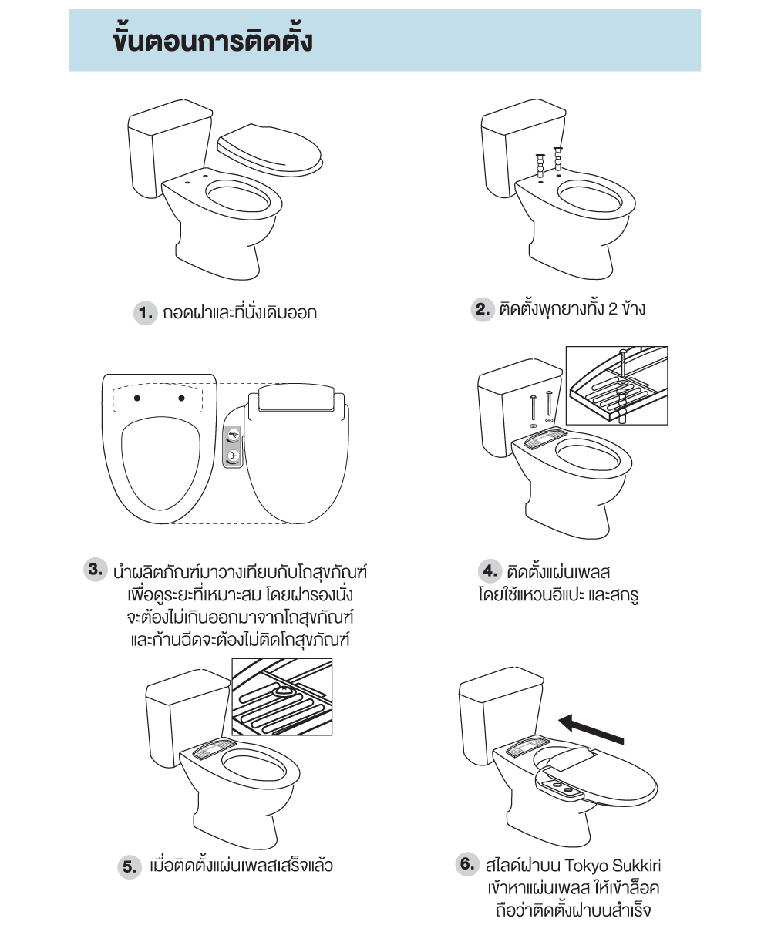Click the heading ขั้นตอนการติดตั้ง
point(213,41)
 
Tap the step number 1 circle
point(146,313)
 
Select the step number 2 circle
point(483,309)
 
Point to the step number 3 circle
point(96,570)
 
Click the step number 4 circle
point(490,570)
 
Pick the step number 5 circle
point(130,866)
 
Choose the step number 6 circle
point(467,864)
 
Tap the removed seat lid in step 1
point(270,150)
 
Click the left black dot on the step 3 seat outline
point(137,399)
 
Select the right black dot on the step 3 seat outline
point(181,399)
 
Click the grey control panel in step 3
point(233,446)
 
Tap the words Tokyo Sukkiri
point(613,865)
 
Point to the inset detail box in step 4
point(617,385)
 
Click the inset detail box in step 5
point(282,697)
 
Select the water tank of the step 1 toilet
point(167,149)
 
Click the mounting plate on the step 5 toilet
point(214,749)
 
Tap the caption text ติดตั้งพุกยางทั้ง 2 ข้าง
point(572,309)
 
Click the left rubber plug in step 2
point(540,166)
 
